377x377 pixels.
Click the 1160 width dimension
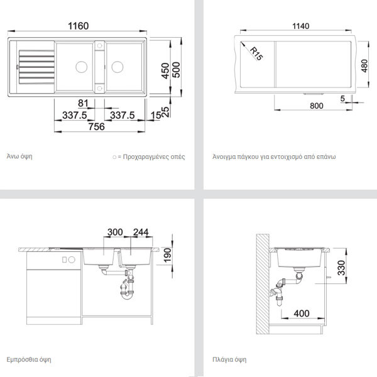[x=79, y=26]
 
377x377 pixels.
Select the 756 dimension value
[x=96, y=127]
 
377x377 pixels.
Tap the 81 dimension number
[x=83, y=103]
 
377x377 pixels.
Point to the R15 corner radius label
[x=256, y=53]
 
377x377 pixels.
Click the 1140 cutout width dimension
[x=300, y=26]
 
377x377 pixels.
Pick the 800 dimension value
[x=317, y=106]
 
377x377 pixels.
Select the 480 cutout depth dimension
[x=364, y=66]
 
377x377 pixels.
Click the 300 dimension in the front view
[x=115, y=232]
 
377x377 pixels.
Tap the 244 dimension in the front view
[x=141, y=232]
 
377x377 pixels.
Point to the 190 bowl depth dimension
[x=167, y=255]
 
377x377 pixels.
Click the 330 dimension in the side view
[x=341, y=268]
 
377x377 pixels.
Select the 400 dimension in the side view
[x=302, y=314]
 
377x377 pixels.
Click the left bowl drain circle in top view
[x=82, y=67]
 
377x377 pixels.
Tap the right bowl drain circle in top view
[x=117, y=67]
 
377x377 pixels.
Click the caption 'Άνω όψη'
[x=19, y=156]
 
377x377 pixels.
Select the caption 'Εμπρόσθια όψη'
[x=29, y=359]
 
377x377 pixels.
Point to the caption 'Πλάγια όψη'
[x=229, y=359]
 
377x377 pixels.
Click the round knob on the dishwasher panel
[x=72, y=260]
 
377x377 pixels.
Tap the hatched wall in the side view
[x=263, y=284]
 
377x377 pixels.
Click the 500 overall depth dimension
[x=176, y=70]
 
